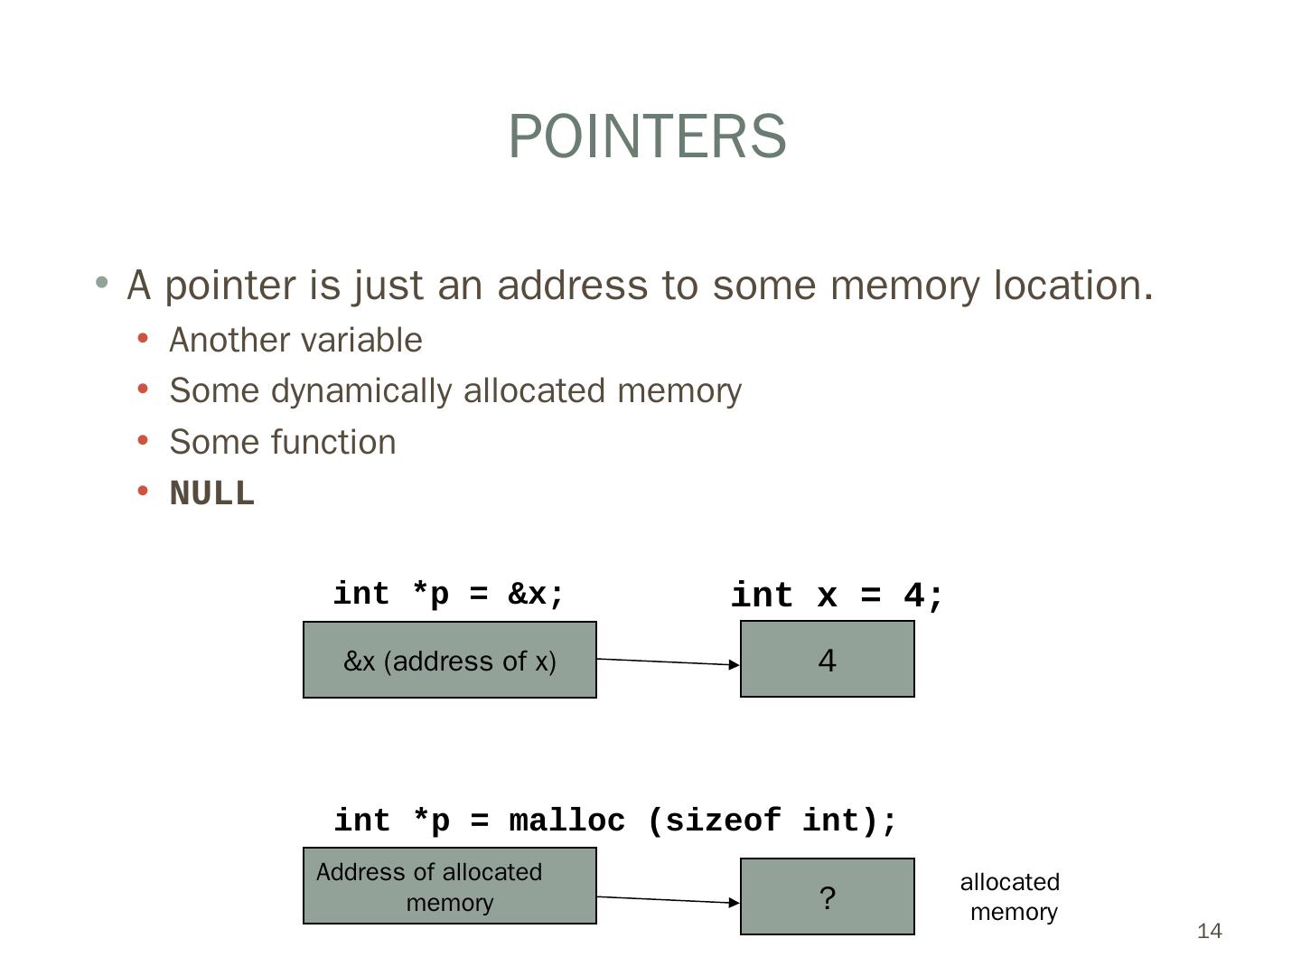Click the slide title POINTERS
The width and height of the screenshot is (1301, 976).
click(647, 136)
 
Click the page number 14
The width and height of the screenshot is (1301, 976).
click(1209, 931)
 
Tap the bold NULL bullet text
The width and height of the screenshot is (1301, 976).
click(212, 493)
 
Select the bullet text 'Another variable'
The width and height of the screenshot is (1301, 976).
click(295, 340)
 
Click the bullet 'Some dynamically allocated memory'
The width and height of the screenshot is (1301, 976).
click(455, 390)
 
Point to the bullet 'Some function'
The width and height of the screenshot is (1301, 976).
click(283, 442)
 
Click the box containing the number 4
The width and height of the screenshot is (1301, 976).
click(827, 659)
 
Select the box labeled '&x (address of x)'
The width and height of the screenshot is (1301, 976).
click(449, 660)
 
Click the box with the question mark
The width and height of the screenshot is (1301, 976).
click(827, 896)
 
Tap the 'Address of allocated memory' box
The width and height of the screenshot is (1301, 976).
click(449, 886)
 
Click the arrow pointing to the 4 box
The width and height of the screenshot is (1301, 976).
click(669, 662)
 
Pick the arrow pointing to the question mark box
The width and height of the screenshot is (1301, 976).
click(669, 899)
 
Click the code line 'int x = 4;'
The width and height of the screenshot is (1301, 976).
click(837, 596)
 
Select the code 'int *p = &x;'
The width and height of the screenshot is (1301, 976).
click(449, 594)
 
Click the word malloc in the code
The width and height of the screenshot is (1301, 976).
click(566, 821)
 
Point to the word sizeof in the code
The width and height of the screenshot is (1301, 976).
click(723, 821)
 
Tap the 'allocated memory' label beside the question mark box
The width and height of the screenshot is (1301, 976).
click(1010, 896)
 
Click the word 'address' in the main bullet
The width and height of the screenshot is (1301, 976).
click(572, 285)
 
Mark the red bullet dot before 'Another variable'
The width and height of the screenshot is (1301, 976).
click(143, 339)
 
